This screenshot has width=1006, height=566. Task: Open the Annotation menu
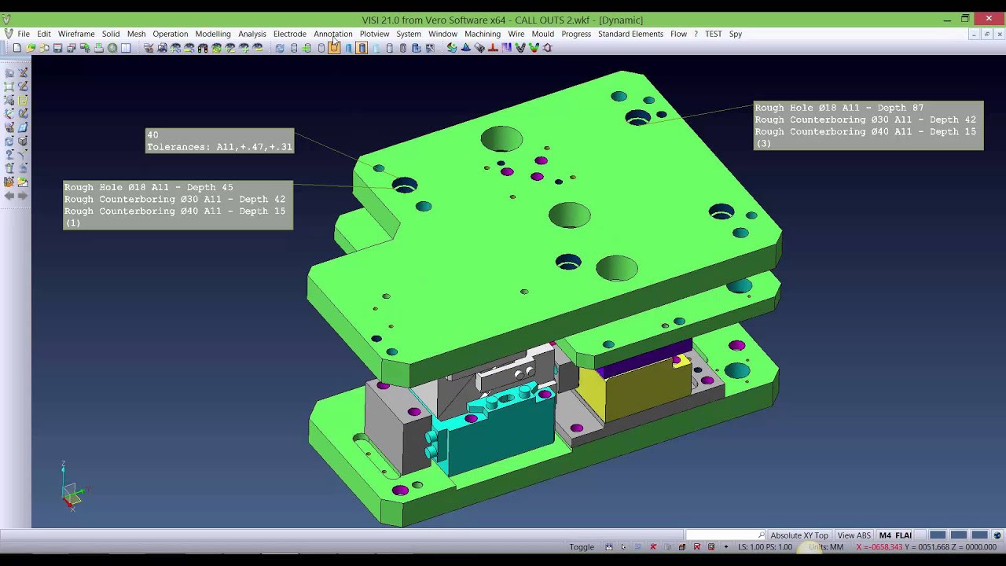click(x=332, y=34)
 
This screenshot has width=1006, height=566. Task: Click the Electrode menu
click(x=290, y=34)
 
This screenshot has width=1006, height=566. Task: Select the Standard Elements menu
click(x=630, y=34)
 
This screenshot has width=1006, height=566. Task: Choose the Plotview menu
click(x=374, y=34)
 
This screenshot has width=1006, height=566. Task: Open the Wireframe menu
click(x=76, y=34)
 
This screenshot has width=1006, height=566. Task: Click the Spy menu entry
click(x=735, y=34)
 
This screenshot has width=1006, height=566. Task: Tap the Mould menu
click(x=542, y=34)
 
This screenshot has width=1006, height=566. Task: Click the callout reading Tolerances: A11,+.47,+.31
click(x=219, y=147)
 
